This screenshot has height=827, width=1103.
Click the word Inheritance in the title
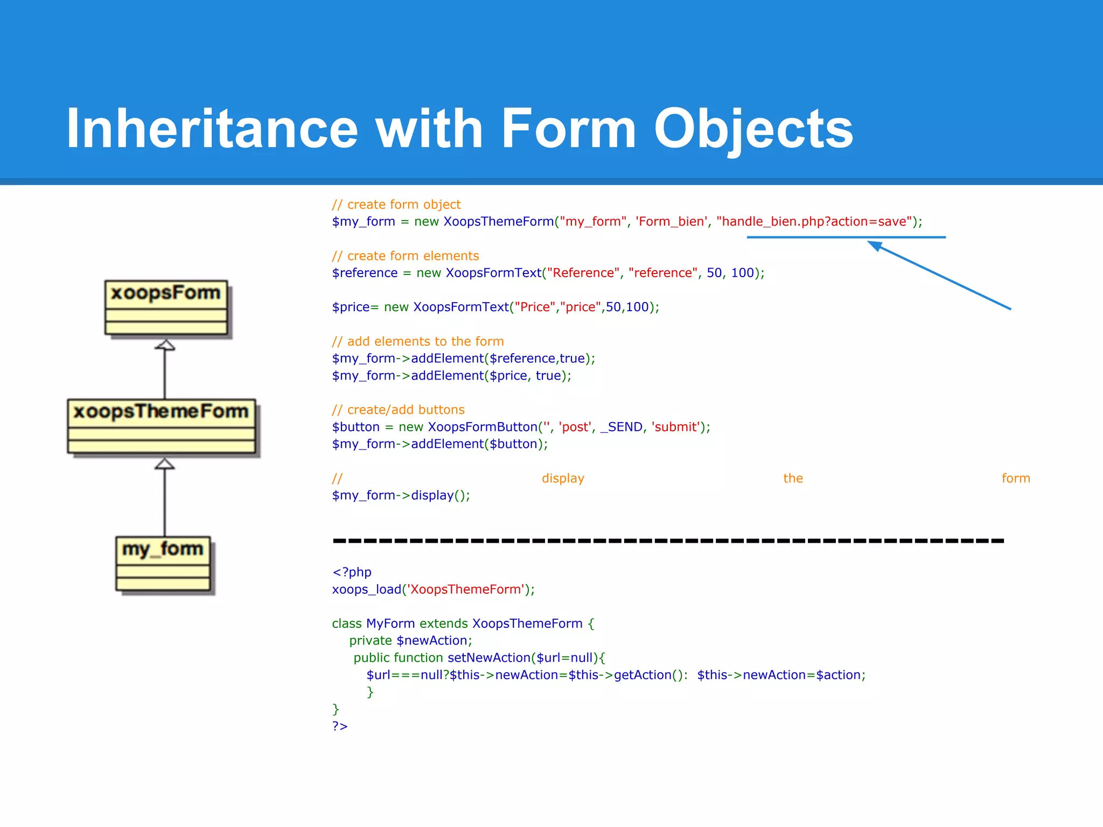tap(212, 129)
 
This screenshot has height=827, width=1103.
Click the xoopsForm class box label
tap(166, 293)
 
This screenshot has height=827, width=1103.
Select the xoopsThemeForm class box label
tap(161, 411)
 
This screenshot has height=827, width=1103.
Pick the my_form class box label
tap(163, 549)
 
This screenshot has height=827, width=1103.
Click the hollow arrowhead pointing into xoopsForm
tap(165, 345)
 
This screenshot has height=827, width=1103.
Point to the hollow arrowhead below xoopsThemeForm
tap(165, 464)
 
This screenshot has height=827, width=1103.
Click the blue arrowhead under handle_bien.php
tap(875, 246)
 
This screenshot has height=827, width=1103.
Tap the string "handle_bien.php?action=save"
tap(814, 221)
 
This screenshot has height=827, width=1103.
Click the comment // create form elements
tap(405, 256)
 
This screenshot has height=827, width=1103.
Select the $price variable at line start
tap(351, 307)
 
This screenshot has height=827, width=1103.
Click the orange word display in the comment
tap(563, 478)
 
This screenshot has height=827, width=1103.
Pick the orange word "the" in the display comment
tap(793, 478)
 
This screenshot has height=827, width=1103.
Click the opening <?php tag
tap(352, 572)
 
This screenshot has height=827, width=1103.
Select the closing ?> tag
tap(340, 726)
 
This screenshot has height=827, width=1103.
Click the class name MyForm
tap(390, 623)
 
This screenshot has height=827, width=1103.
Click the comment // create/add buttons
tap(398, 410)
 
